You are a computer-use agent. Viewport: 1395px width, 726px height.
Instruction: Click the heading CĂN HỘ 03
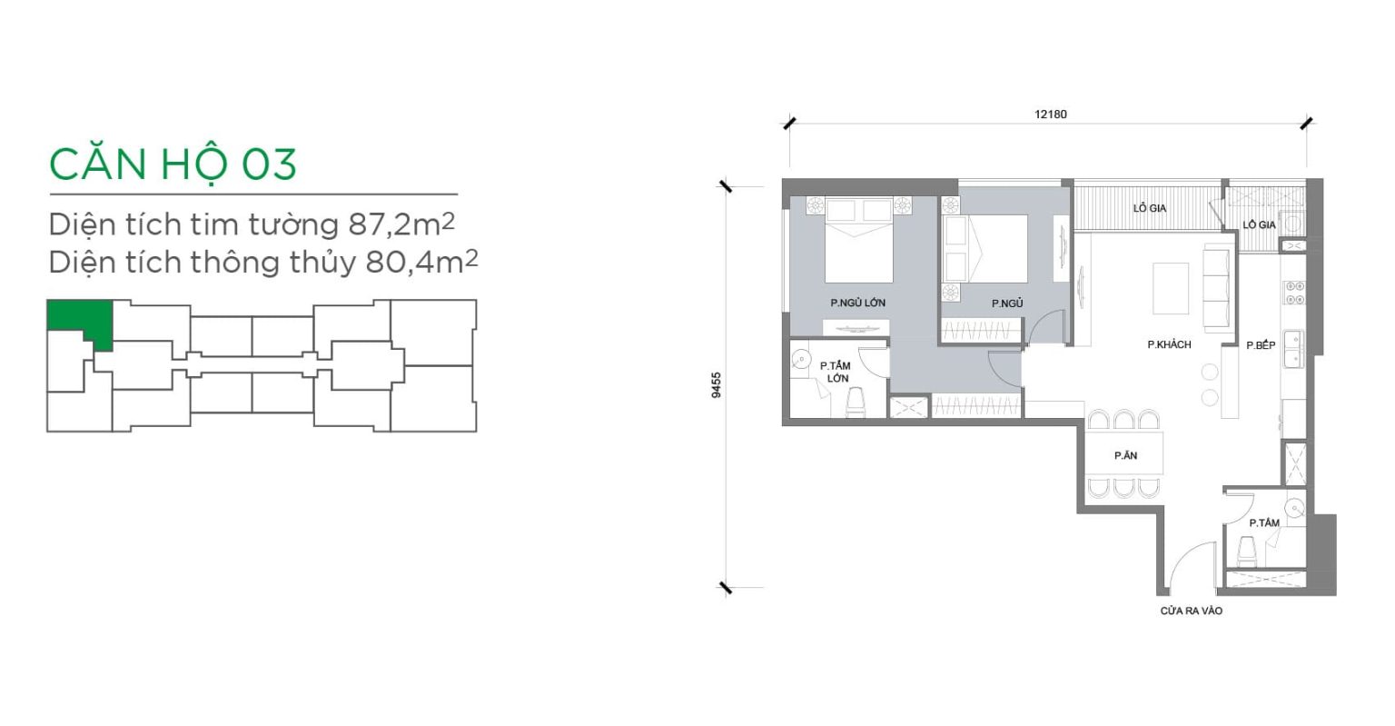(173, 164)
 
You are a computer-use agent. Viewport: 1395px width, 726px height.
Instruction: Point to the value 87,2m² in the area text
(401, 224)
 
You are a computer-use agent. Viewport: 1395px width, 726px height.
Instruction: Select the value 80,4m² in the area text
(421, 262)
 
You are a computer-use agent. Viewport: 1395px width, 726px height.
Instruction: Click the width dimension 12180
(1051, 114)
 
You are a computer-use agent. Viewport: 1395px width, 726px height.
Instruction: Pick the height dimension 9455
(717, 385)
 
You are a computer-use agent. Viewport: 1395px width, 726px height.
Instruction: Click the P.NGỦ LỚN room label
(857, 303)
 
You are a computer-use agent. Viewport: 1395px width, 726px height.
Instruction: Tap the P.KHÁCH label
(1169, 344)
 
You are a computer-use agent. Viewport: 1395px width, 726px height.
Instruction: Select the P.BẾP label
(1261, 345)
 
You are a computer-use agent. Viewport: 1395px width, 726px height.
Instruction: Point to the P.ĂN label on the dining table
(1125, 456)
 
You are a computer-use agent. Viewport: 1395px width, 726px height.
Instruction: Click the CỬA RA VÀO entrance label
(1191, 612)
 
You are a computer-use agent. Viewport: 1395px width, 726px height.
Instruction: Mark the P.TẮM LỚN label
(836, 372)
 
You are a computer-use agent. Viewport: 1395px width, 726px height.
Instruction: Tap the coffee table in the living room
(1171, 289)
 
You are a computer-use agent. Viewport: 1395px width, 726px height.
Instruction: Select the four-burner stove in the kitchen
(1295, 293)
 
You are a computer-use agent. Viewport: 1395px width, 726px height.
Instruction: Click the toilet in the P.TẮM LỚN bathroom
(856, 402)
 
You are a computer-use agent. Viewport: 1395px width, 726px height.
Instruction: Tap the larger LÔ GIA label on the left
(1149, 209)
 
